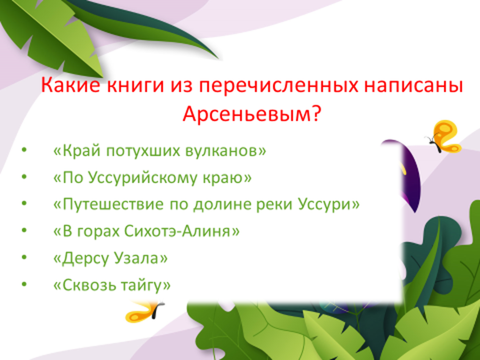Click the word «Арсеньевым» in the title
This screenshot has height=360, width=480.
pyautogui.click(x=247, y=114)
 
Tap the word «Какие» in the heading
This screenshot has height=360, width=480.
pyautogui.click(x=70, y=85)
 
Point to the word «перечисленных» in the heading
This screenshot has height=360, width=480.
pyautogui.click(x=278, y=86)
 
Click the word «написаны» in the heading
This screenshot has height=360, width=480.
pyautogui.click(x=413, y=86)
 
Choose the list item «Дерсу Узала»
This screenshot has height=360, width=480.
pyautogui.click(x=111, y=258)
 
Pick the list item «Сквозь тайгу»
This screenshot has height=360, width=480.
pyautogui.click(x=112, y=285)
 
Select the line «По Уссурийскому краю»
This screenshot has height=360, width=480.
pyautogui.click(x=152, y=178)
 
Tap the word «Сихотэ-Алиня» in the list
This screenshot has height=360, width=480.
pyautogui.click(x=182, y=231)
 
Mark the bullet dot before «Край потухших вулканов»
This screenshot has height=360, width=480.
pyautogui.click(x=24, y=150)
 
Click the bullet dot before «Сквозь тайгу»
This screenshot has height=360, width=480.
pyautogui.click(x=24, y=285)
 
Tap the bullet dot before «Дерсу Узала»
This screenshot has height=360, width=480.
pyautogui.click(x=24, y=257)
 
